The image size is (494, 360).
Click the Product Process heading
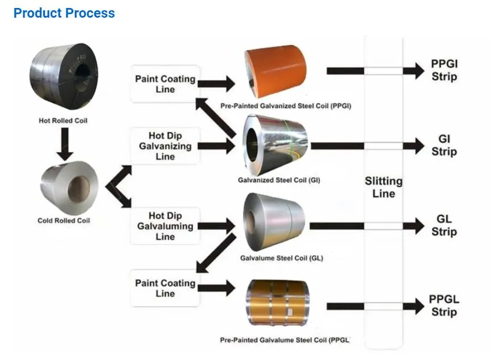64,13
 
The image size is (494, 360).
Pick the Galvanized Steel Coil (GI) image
275,145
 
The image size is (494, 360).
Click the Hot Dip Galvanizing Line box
166,146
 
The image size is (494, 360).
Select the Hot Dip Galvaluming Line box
166,226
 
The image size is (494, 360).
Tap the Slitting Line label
384,187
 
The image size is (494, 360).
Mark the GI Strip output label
444,146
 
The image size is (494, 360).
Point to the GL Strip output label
444,226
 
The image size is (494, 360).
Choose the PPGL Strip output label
444,306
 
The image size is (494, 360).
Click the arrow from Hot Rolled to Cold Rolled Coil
65,144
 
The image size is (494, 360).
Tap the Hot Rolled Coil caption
63,121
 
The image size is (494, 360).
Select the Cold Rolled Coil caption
64,220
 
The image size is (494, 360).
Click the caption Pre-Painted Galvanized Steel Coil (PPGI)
286,106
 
